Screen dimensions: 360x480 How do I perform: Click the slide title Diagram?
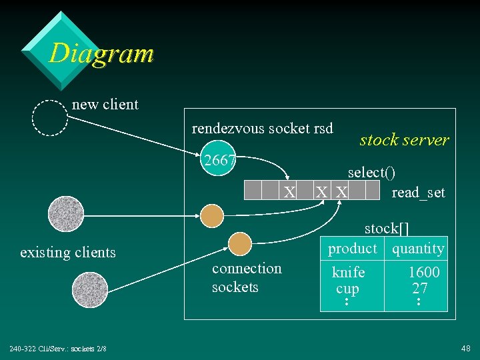[101, 53]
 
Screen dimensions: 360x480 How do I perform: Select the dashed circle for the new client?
[50, 118]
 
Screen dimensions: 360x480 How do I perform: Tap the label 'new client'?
[105, 105]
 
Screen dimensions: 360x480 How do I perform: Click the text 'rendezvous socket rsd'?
[262, 128]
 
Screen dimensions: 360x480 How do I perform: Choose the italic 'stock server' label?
[404, 140]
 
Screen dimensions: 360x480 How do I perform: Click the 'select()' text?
[371, 172]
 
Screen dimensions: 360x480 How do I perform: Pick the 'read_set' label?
[418, 193]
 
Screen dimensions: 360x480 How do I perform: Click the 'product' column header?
[352, 249]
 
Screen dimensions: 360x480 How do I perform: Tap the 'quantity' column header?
[418, 249]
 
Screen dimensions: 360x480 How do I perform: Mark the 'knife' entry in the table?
[349, 272]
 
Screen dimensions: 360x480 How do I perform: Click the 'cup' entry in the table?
[347, 289]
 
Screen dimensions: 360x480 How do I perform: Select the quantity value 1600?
[424, 272]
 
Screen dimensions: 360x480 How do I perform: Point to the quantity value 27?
[420, 289]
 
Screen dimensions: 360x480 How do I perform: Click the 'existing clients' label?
[68, 253]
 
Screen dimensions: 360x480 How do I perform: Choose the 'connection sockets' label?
[247, 277]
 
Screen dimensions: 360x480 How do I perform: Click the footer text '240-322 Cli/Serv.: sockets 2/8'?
[57, 349]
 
